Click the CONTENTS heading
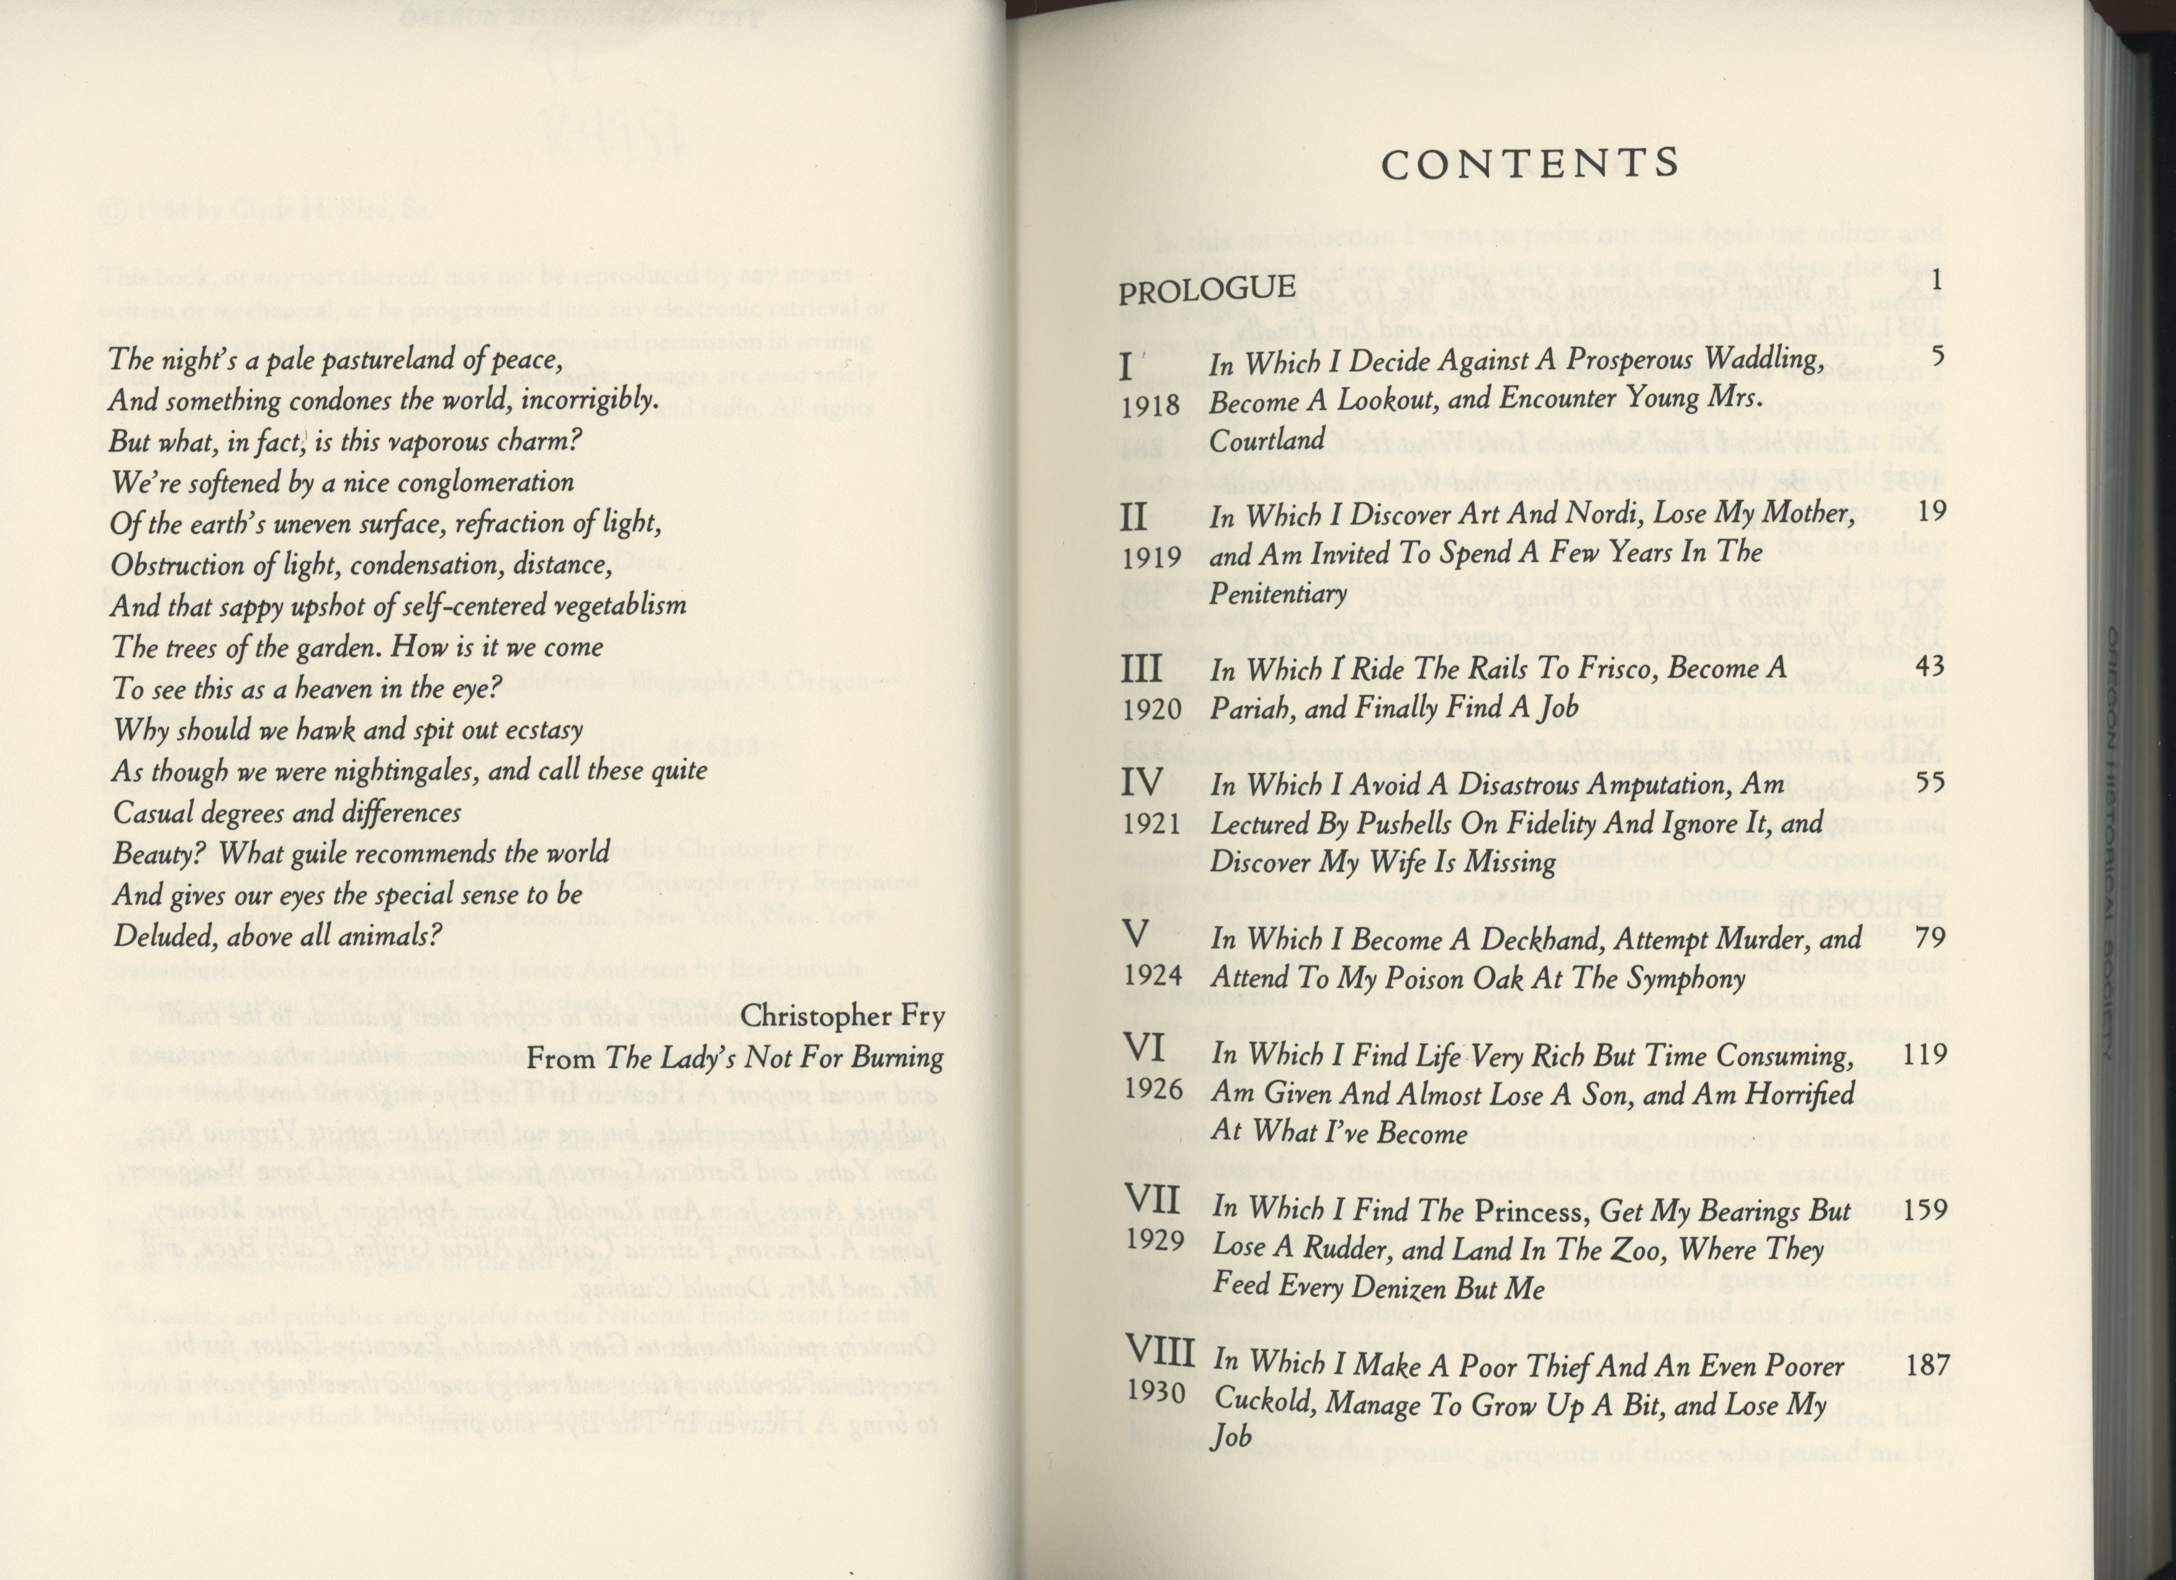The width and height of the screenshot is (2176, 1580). tap(1531, 164)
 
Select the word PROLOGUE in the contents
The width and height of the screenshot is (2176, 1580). tap(1207, 289)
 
